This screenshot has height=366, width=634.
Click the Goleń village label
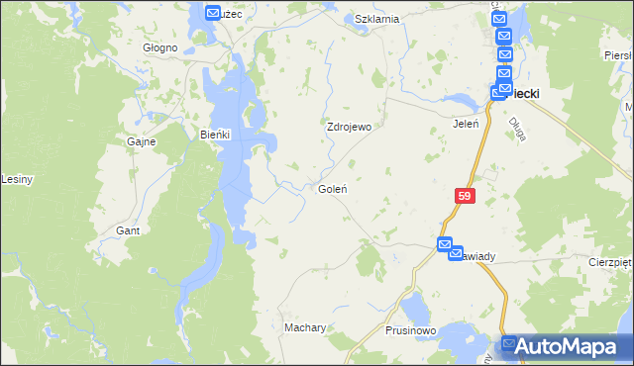331,189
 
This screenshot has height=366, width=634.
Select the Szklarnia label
376,19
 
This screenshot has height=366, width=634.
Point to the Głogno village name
159,47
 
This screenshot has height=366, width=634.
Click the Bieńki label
215,135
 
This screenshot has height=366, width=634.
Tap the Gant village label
127,230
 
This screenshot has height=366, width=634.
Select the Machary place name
305,327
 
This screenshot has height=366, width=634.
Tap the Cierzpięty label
610,263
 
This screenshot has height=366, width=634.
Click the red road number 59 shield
466,197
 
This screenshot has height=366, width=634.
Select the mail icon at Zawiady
446,244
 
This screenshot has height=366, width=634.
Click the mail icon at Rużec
213,13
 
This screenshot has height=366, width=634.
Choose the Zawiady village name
475,256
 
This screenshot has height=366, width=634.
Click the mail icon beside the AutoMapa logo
510,344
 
